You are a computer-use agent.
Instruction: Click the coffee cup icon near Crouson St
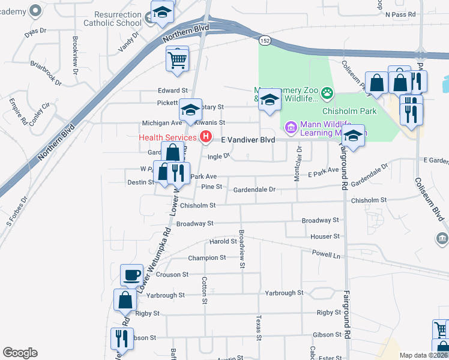coord(132,275)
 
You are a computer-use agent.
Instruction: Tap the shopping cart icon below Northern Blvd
coord(178,59)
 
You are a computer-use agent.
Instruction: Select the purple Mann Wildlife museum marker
coord(291,127)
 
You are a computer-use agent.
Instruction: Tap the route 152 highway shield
coord(264,40)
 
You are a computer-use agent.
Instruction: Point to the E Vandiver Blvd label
coord(248,139)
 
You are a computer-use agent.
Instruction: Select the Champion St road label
coord(206,257)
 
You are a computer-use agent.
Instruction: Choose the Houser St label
coord(325,236)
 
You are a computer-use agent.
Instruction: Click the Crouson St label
coord(172,274)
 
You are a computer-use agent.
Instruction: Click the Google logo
coord(20,353)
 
